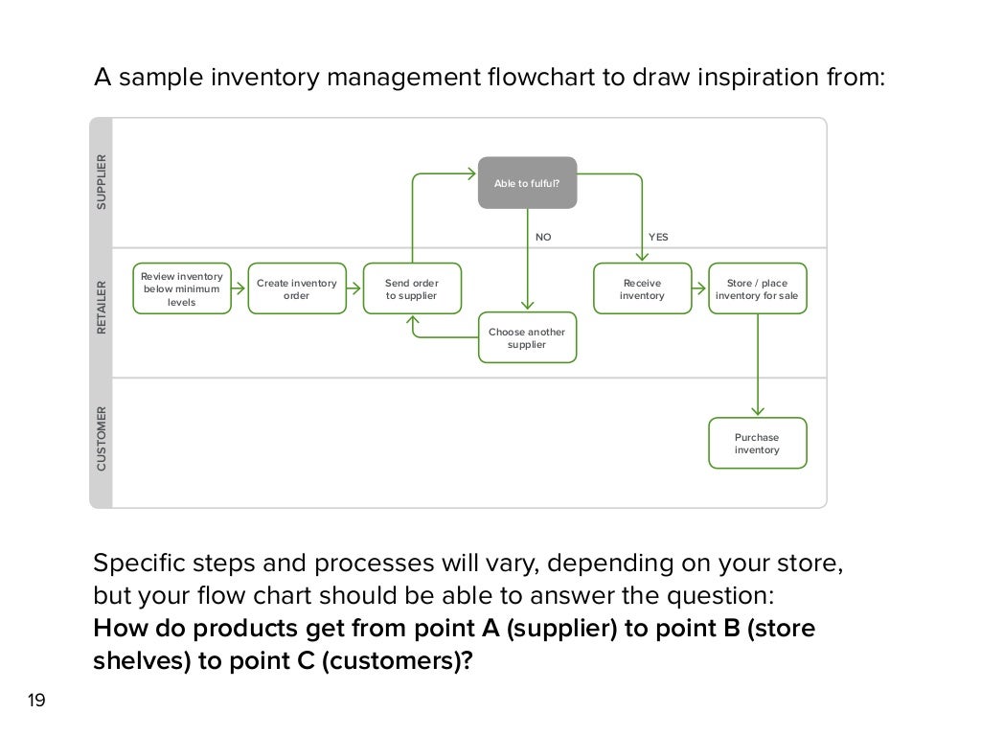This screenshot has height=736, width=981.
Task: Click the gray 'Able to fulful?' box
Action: (528, 182)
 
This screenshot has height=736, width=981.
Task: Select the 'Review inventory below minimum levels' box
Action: (182, 288)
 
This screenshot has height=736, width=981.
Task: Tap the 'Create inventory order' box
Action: (296, 288)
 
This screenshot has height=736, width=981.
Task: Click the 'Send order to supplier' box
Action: (412, 288)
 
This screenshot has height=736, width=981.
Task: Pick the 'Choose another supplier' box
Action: (528, 337)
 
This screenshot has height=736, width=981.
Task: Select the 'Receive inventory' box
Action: (642, 288)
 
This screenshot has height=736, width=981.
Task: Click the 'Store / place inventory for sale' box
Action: (757, 288)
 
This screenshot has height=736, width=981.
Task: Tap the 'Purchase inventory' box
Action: (757, 443)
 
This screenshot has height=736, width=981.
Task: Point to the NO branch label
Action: (543, 237)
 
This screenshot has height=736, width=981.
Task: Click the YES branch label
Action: (658, 237)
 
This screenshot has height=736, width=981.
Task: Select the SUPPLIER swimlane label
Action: (103, 182)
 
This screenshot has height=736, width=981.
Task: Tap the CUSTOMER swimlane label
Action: (103, 440)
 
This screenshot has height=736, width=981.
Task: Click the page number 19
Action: (36, 701)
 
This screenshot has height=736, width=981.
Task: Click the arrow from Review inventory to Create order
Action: (240, 288)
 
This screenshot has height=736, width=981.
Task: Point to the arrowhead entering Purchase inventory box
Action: (758, 412)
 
